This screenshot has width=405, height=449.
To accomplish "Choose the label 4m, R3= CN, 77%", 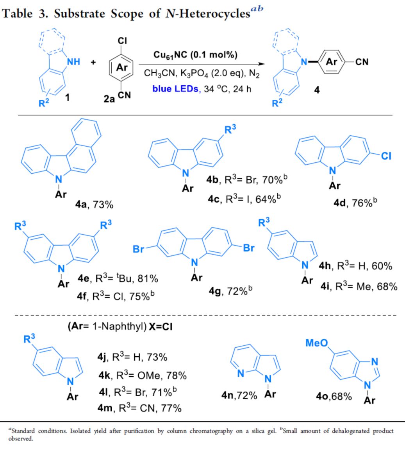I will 139,408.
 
